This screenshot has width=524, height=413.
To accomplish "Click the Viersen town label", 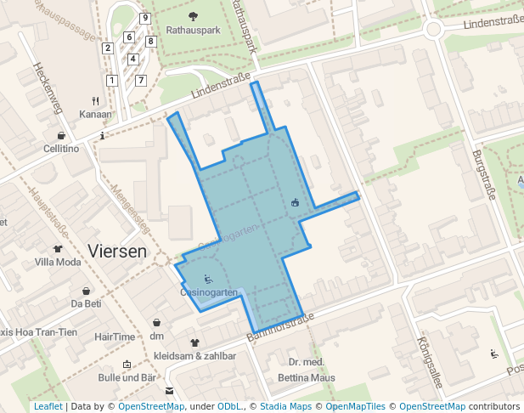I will (117, 252).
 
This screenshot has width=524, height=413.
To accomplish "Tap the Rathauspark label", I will (193, 30).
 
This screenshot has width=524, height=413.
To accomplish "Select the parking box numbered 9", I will (145, 18).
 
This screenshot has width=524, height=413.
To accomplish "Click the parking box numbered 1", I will (111, 80).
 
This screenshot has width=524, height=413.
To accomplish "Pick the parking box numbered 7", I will (141, 80).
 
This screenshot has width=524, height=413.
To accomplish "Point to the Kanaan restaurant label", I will (95, 114).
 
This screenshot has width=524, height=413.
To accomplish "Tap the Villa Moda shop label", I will (58, 262).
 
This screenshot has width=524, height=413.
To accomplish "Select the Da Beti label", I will (86, 303).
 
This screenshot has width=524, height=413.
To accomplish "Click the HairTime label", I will (116, 337).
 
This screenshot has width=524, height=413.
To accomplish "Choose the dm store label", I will (156, 337).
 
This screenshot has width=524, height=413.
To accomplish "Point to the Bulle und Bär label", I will (127, 377).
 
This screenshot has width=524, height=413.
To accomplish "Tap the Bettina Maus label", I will (306, 377).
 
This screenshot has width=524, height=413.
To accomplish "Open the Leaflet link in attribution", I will (48, 407).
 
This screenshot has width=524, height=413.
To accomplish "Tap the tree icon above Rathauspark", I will (193, 16).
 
